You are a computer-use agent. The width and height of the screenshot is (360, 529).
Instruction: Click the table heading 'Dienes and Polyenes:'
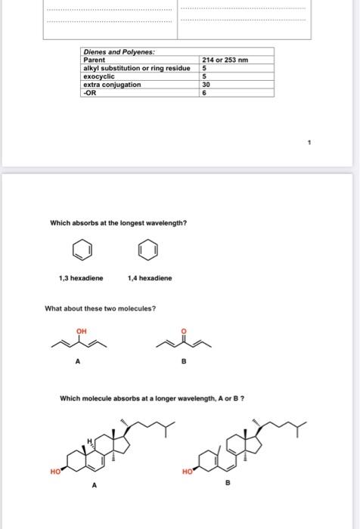[x=119, y=51]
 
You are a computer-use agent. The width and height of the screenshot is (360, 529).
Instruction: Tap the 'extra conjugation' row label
[x=112, y=85]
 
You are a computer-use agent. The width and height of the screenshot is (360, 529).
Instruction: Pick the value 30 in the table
[x=206, y=85]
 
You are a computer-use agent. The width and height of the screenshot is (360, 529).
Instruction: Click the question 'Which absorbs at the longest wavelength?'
[x=118, y=222]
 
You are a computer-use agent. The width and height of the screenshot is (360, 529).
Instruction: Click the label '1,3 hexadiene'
[x=80, y=278]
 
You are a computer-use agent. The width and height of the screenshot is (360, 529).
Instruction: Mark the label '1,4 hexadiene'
[x=151, y=278]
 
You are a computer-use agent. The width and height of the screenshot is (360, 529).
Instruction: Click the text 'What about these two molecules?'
[x=101, y=308]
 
